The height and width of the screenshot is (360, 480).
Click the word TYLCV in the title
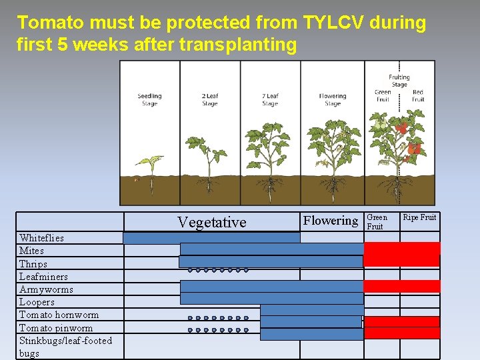(x=336, y=23)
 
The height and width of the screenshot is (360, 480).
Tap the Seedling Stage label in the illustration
(x=149, y=100)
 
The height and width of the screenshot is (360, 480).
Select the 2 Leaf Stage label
(x=209, y=100)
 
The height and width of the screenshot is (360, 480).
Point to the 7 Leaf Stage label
(x=270, y=100)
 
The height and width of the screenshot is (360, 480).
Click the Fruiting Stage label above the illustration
(x=399, y=81)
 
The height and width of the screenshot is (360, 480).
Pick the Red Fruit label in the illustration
(x=418, y=96)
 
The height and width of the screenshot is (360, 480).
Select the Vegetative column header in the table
(x=211, y=222)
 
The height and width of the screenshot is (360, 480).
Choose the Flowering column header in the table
(x=331, y=221)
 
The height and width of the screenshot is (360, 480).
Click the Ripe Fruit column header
(x=419, y=217)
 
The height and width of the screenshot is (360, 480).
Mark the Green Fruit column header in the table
(x=377, y=221)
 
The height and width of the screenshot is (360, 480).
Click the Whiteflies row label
(x=41, y=238)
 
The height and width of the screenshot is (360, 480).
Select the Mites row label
(x=31, y=251)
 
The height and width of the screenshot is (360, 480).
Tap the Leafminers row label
(x=43, y=277)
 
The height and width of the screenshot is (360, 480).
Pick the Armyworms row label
(x=46, y=289)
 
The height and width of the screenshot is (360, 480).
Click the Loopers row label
(x=37, y=302)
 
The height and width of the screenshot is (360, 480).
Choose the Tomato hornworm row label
(x=59, y=315)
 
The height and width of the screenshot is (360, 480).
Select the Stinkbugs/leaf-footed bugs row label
(x=65, y=347)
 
